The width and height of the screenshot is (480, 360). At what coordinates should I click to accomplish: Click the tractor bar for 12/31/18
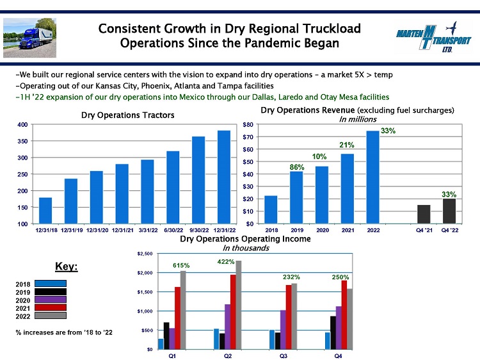pos(45,211)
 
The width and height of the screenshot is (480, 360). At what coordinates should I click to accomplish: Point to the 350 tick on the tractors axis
pos(22,141)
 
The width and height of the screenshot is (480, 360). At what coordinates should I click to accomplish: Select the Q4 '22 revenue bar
pos(449,211)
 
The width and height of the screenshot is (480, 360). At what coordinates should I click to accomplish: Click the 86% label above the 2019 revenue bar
pos(296,167)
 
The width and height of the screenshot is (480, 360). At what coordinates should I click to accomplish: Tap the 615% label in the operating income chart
pos(182,264)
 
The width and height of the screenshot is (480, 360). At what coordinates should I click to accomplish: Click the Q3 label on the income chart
pos(283,356)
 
